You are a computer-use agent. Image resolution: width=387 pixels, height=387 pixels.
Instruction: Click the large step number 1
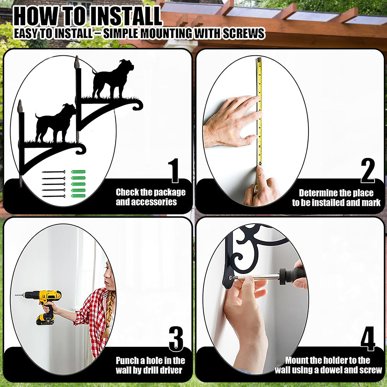[x=174, y=171]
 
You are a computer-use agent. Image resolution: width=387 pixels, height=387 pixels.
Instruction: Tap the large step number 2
[x=368, y=171]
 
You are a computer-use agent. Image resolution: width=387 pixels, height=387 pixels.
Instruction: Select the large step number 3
[x=176, y=339]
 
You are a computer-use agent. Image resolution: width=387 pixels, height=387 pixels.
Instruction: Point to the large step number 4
[x=368, y=339]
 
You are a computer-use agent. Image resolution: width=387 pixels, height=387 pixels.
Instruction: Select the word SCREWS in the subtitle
[x=243, y=34]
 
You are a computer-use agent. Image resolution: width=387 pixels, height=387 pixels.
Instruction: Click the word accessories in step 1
[x=146, y=202]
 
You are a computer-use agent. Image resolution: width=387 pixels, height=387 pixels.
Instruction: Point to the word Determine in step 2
[x=318, y=193]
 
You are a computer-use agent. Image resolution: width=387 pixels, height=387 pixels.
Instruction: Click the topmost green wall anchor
[x=78, y=172]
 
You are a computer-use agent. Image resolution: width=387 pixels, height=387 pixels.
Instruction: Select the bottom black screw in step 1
[x=53, y=196]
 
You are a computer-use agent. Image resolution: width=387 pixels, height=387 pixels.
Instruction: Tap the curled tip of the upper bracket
[x=138, y=105]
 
